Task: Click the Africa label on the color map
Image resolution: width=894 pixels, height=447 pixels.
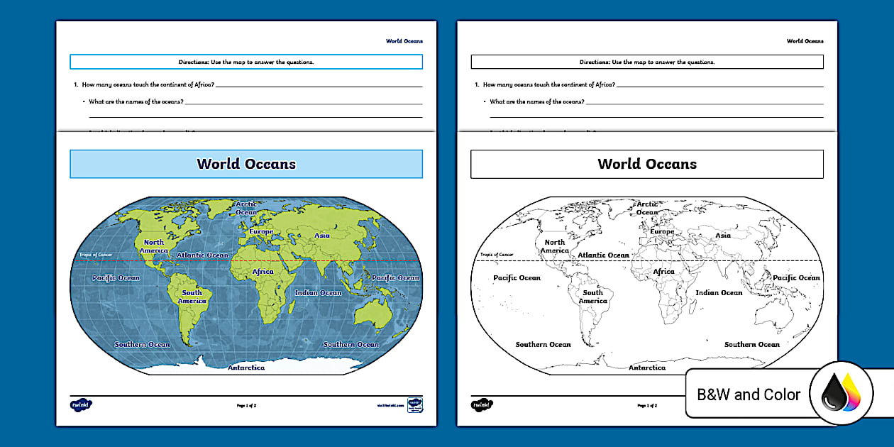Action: (263, 272)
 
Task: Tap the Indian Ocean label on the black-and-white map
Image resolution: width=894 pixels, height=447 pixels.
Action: (719, 292)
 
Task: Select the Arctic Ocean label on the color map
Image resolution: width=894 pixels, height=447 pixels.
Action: (247, 208)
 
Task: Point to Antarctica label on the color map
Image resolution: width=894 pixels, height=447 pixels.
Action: (246, 368)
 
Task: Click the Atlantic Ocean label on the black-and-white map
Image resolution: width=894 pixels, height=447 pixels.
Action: (603, 255)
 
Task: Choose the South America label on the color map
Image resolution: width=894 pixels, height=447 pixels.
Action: (192, 297)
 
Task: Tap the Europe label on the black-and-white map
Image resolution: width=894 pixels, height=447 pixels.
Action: (662, 231)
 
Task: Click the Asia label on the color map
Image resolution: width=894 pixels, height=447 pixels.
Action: (322, 236)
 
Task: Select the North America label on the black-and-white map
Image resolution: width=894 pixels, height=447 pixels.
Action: (555, 246)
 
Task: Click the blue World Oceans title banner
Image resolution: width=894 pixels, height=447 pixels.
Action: (246, 164)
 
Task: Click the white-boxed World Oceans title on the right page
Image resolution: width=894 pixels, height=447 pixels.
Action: (647, 164)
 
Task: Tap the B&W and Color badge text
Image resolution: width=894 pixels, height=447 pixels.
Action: (749, 394)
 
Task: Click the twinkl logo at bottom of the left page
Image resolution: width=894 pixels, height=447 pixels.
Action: (82, 405)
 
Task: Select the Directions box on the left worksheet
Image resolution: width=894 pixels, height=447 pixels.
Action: (246, 62)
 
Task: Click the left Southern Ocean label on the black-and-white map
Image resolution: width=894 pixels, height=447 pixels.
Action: (543, 344)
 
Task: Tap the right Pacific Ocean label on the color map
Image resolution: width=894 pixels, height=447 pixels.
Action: (395, 278)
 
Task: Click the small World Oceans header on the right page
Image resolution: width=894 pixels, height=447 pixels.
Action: (805, 41)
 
